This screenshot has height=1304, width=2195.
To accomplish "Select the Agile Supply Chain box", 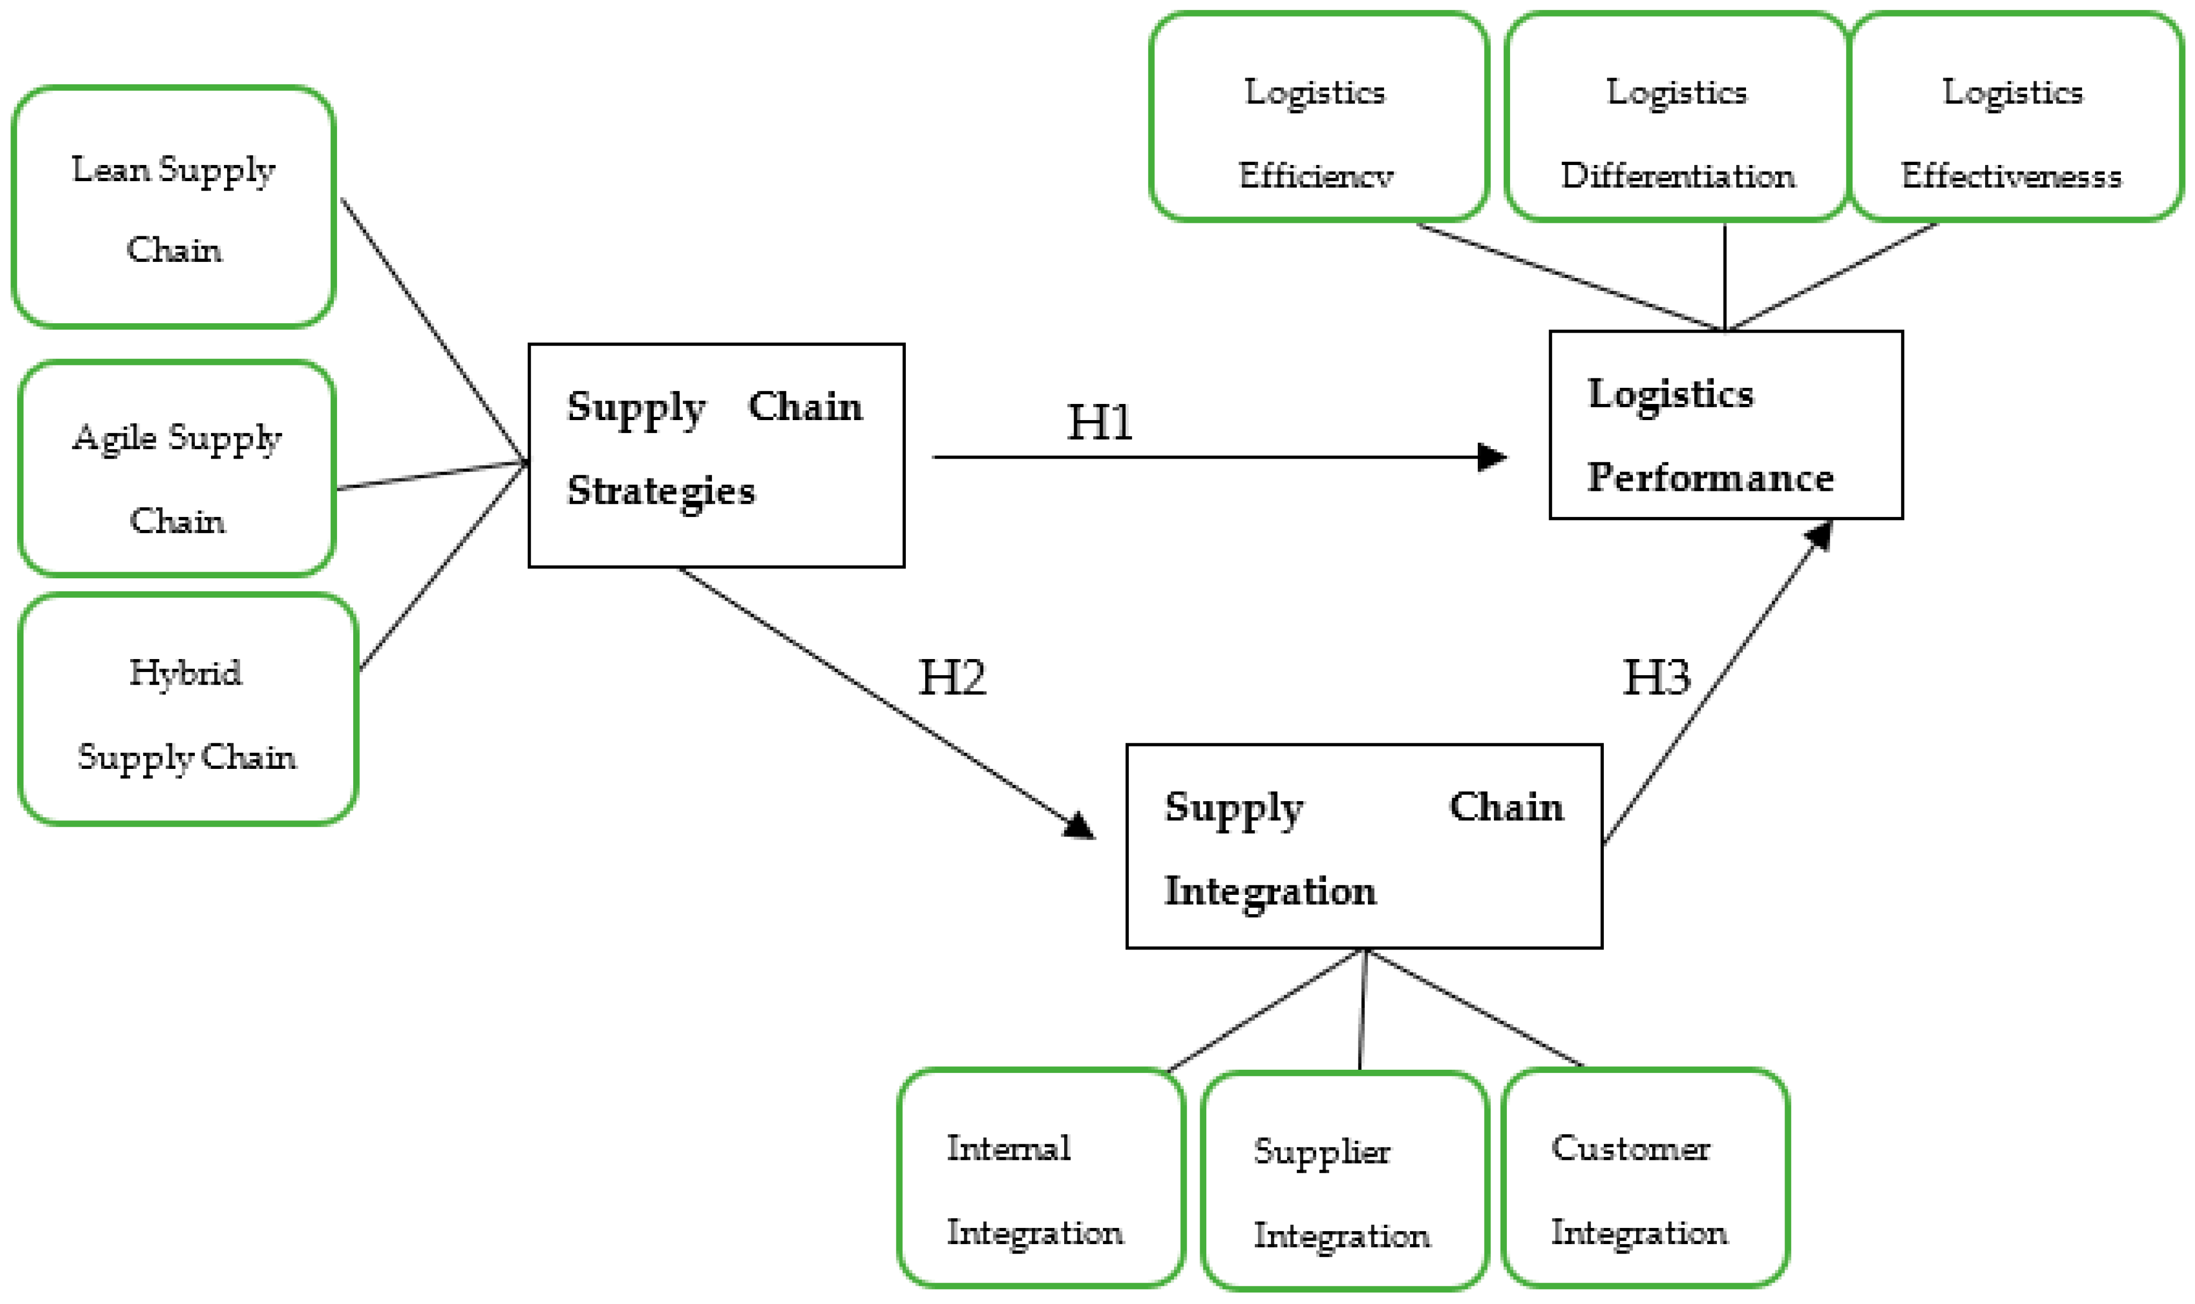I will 177,469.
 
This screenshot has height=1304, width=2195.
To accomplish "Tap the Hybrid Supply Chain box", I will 187,710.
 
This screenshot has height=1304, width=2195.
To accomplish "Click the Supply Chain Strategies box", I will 716,455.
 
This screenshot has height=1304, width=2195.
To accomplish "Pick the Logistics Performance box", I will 1726,425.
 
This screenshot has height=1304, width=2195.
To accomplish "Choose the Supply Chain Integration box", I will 1364,847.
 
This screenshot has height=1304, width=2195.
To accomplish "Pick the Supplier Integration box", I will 1344,1181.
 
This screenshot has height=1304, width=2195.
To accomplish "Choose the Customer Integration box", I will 1645,1178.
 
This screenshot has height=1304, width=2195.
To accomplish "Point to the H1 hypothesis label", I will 1100,423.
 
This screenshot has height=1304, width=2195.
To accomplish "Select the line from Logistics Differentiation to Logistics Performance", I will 1725,277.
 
